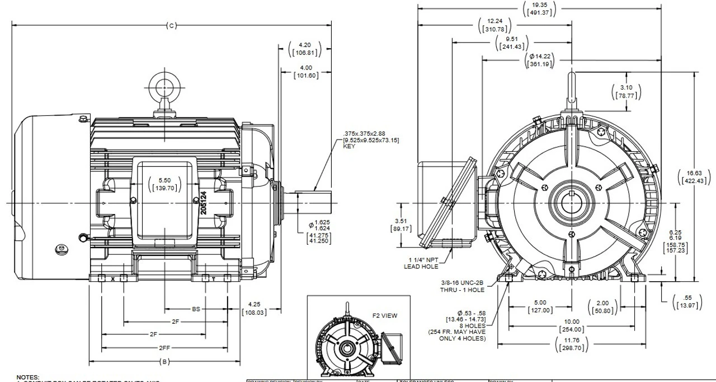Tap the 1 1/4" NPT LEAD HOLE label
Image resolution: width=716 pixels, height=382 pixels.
(423, 263)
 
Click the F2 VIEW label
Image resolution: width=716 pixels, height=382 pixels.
(385, 315)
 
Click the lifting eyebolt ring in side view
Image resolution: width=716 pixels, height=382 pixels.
(164, 88)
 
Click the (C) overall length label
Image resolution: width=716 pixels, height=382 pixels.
(171, 25)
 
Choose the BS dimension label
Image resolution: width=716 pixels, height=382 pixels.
(196, 309)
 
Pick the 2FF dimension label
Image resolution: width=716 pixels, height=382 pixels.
(164, 347)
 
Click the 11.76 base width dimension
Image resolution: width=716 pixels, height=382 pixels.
(572, 344)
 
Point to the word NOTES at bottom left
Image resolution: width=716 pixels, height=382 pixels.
(28, 378)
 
